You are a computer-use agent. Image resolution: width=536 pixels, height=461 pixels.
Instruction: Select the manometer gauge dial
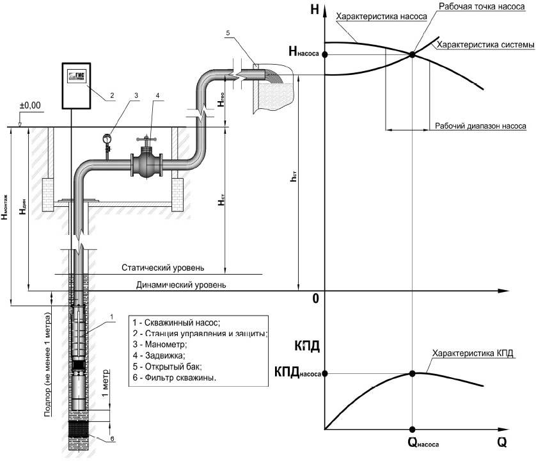point(107,136)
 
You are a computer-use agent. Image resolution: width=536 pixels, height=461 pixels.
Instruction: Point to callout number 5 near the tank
point(227,31)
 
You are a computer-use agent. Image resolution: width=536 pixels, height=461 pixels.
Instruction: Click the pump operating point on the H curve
point(413,54)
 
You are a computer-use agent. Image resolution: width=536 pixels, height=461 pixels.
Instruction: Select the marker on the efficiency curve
point(413,373)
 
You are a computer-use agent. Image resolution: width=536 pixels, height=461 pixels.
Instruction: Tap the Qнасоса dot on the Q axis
point(413,429)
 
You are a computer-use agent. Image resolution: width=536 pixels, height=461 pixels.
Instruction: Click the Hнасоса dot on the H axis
point(325,54)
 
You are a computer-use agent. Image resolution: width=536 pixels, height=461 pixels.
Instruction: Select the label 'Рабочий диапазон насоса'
point(480,126)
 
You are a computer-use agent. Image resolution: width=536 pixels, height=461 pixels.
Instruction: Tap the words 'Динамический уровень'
point(180,284)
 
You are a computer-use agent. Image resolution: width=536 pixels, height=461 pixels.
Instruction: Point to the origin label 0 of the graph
point(315,299)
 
